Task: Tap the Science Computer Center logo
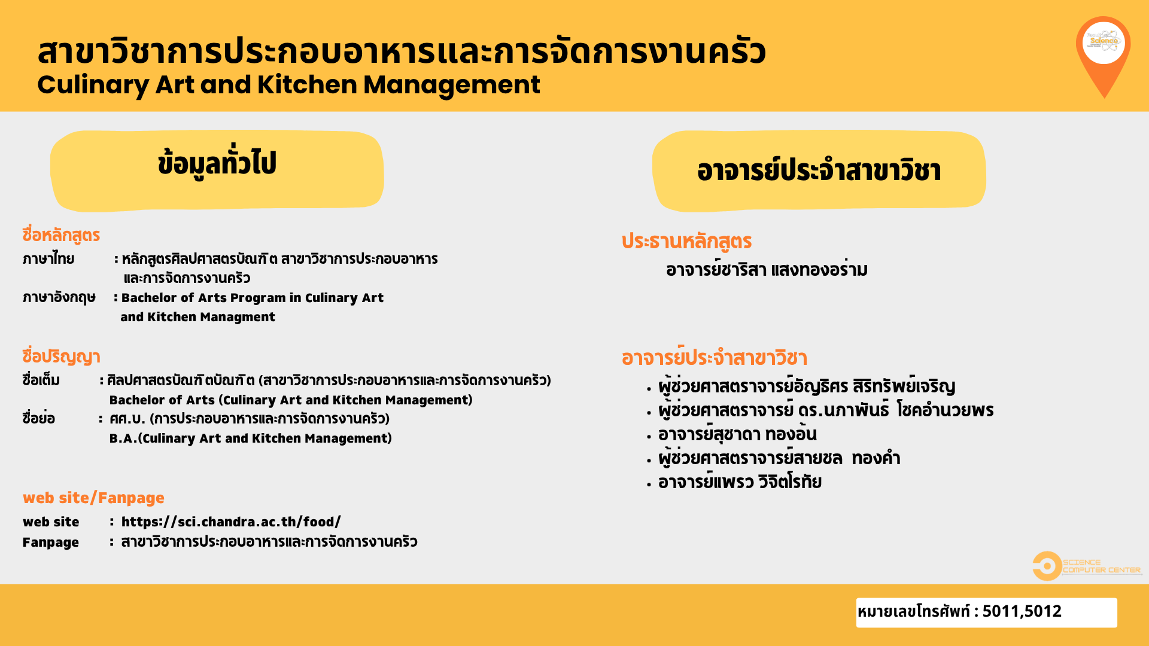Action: (x=1087, y=566)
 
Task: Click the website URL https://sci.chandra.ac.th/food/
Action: (x=231, y=522)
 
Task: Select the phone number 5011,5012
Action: (x=1022, y=611)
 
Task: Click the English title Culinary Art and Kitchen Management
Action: (x=288, y=84)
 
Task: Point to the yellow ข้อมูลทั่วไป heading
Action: (x=217, y=170)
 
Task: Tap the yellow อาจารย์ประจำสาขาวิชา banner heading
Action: (x=819, y=170)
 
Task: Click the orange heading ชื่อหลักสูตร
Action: (x=61, y=235)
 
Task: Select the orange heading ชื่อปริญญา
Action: (x=61, y=356)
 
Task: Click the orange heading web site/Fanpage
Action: (x=93, y=498)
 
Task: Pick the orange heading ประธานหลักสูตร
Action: (x=686, y=241)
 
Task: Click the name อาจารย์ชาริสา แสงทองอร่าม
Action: (x=767, y=270)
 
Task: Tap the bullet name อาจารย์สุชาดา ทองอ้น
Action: (x=737, y=434)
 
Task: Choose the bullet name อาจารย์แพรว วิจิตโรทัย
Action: (x=740, y=482)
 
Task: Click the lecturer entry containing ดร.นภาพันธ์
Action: (x=826, y=410)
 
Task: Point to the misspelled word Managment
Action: (x=238, y=317)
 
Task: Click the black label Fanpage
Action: (x=50, y=543)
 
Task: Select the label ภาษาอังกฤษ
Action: (x=59, y=297)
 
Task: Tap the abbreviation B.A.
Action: (x=123, y=438)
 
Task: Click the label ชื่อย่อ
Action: (x=38, y=418)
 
